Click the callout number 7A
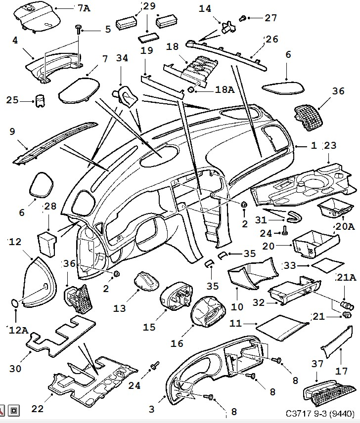84,7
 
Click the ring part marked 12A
16,303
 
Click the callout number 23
330,145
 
